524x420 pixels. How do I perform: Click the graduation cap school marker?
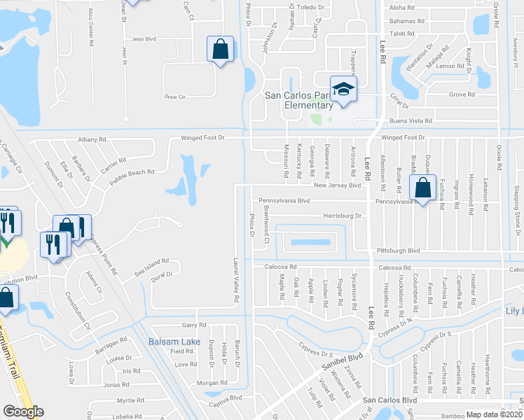344,89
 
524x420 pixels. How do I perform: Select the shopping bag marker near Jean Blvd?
221,49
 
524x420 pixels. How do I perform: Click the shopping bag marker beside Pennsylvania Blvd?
423,188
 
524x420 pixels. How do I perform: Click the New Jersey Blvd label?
337,185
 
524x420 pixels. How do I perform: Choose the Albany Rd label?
92,139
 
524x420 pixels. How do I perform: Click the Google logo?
23,412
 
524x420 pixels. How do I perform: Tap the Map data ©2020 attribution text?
495,414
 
